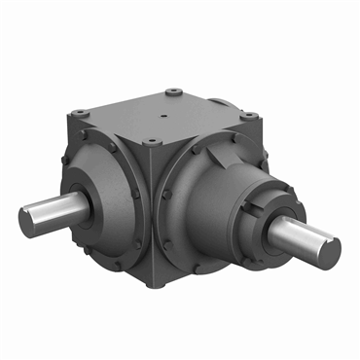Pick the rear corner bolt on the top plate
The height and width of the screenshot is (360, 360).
173,93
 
